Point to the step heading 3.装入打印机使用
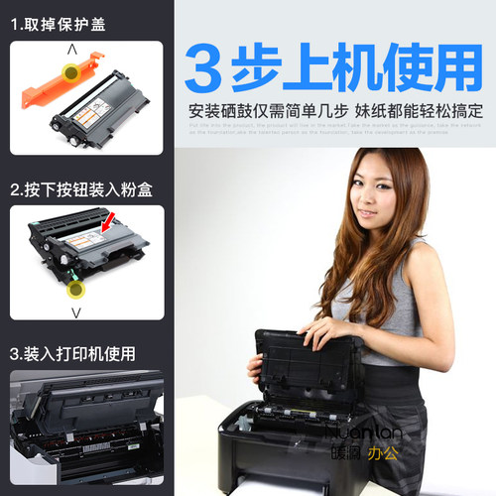click(x=72, y=353)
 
